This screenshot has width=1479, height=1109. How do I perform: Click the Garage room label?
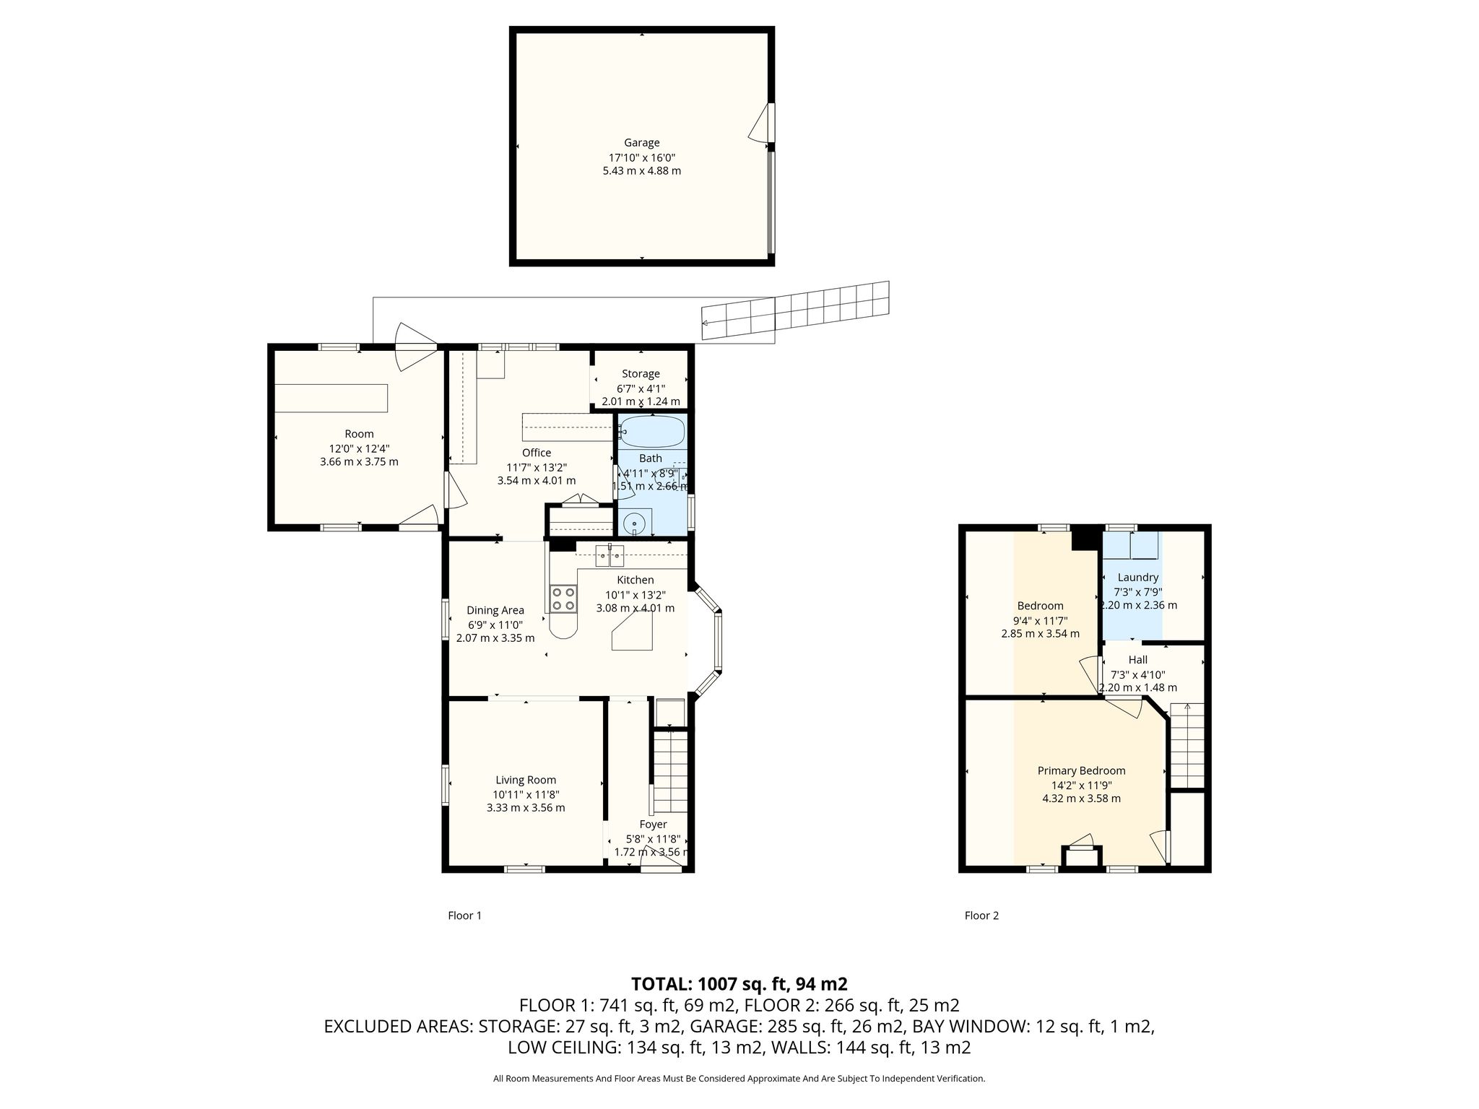[641, 143]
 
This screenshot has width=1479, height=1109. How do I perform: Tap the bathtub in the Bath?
[652, 432]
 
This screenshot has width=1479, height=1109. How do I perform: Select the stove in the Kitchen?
[564, 599]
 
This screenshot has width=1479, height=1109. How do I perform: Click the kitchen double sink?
[610, 556]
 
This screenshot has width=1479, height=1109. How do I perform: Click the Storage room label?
[641, 374]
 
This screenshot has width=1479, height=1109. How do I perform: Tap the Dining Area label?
[495, 611]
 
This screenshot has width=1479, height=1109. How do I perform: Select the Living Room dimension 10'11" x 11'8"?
[526, 794]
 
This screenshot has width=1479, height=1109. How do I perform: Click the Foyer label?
[653, 825]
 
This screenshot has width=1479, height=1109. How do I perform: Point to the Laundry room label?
[1138, 578]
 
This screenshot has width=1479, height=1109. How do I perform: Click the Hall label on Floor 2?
[1138, 660]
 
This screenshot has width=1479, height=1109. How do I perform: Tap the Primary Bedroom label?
[1081, 771]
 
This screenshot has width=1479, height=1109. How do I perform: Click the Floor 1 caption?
[464, 916]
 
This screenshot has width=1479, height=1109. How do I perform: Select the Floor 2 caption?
[981, 916]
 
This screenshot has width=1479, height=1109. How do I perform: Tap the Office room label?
[537, 453]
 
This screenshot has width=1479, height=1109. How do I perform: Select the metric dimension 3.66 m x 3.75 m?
[359, 461]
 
